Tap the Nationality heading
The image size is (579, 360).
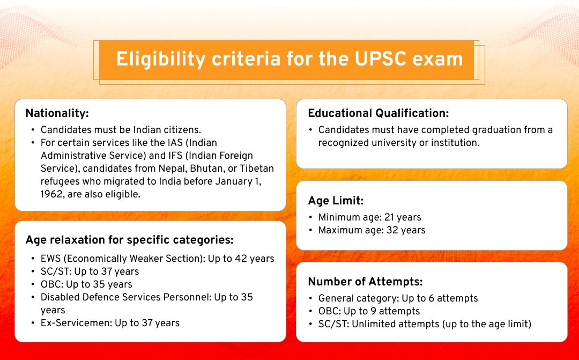click(x=57, y=113)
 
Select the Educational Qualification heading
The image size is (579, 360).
click(x=378, y=113)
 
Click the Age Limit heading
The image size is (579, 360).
click(x=336, y=201)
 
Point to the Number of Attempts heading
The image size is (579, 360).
click(x=365, y=282)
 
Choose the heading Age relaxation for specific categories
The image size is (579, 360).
click(x=129, y=240)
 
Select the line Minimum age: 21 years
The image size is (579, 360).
click(x=369, y=217)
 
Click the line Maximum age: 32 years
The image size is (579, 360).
click(x=372, y=230)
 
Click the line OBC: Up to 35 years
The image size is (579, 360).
click(x=86, y=284)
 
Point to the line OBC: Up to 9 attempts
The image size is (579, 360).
click(x=369, y=311)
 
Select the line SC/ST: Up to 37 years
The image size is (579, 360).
click(x=90, y=271)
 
